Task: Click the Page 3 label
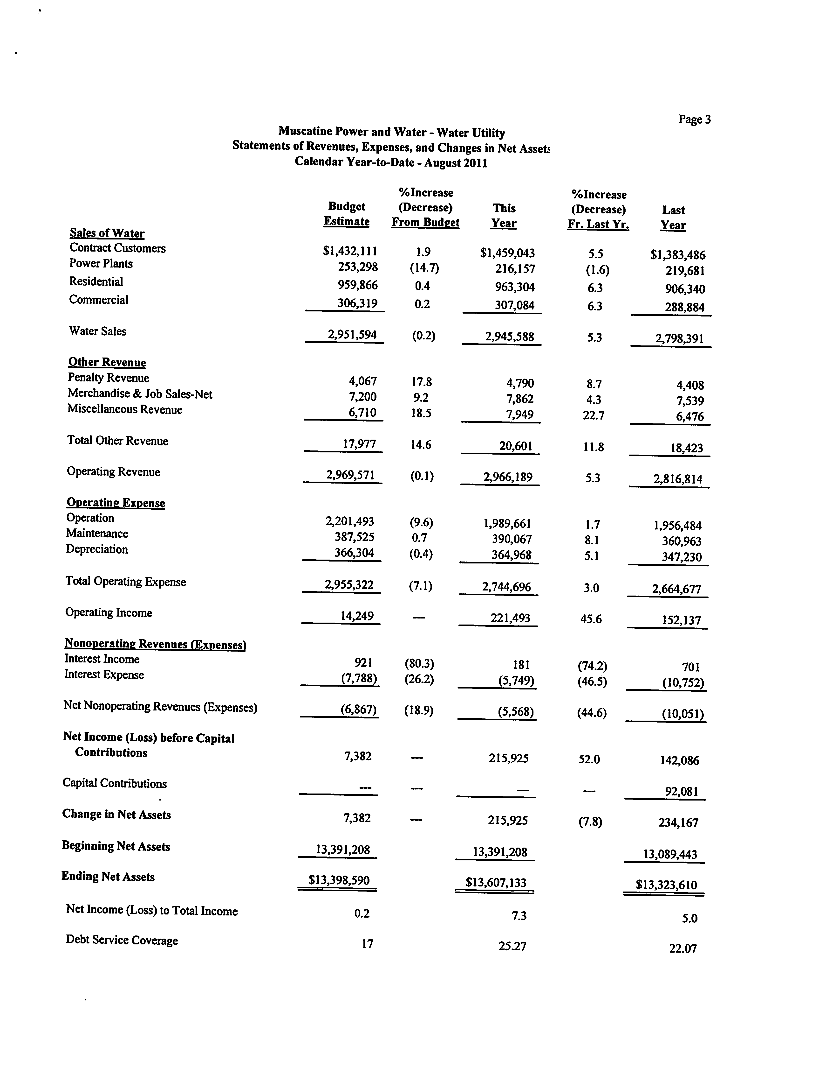click(694, 119)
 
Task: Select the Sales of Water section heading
click(107, 233)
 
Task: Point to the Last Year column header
click(673, 218)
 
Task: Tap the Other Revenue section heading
click(107, 362)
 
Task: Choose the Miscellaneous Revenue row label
click(125, 409)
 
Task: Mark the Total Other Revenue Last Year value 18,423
click(686, 448)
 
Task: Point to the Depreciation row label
click(97, 549)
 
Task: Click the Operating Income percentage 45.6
click(591, 619)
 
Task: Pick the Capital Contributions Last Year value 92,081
click(682, 791)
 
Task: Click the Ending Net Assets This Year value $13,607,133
click(496, 882)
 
